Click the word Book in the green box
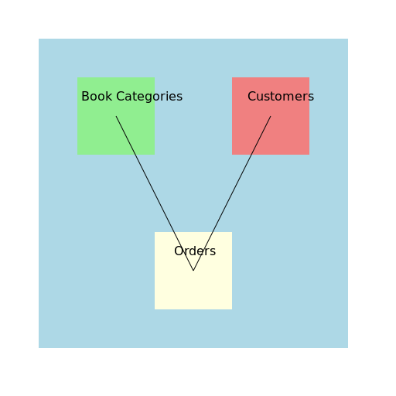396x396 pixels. coord(97,97)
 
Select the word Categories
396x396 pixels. coord(149,97)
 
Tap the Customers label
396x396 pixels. coord(281,97)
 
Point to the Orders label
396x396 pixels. coord(195,251)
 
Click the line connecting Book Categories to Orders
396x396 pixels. coord(155,193)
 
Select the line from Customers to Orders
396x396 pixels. coord(232,193)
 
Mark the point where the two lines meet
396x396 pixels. coord(193,271)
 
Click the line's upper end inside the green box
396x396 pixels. coord(116,116)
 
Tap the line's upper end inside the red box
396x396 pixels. coord(271,116)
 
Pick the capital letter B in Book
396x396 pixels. coord(85,97)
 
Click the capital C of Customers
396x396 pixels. coord(252,97)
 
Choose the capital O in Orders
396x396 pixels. coord(179,251)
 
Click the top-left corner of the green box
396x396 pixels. coord(77,77)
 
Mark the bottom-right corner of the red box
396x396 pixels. coord(309,155)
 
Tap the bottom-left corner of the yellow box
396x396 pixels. coord(155,309)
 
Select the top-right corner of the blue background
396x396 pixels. coord(348,39)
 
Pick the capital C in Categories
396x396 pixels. coord(121,97)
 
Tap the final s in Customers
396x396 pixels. coord(311,97)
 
